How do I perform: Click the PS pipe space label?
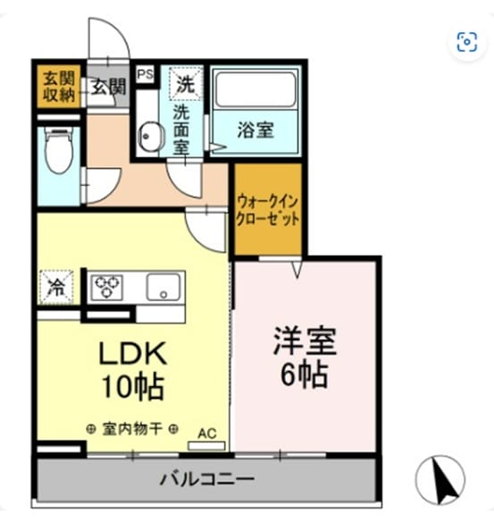tap(146, 73)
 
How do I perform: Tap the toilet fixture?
tap(58, 151)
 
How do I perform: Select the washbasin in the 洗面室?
tap(150, 137)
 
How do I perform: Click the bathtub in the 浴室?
tap(255, 89)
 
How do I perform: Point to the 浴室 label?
tap(255, 130)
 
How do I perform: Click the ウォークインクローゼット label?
tap(268, 210)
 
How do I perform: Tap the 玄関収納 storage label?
tap(59, 88)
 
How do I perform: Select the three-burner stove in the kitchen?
tap(107, 287)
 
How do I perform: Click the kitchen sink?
tap(163, 287)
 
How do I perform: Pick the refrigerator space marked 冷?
tap(56, 287)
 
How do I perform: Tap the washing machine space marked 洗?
tap(186, 84)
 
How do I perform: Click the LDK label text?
tap(133, 353)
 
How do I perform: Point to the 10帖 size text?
tap(133, 387)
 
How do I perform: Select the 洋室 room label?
tap(305, 341)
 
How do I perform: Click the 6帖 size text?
tap(305, 374)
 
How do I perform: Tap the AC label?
tap(206, 433)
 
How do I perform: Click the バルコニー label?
tap(206, 479)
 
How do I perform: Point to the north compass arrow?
tap(444, 482)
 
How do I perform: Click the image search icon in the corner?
tap(467, 42)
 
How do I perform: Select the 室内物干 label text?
tap(132, 429)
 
